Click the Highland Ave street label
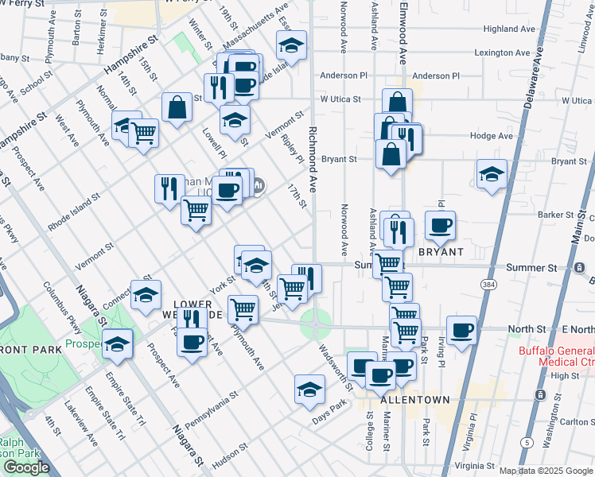pyautogui.click(x=510, y=29)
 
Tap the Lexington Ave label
pyautogui.click(x=503, y=53)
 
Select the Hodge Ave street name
pyautogui.click(x=492, y=136)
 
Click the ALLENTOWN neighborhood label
pyautogui.click(x=415, y=399)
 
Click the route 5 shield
pyautogui.click(x=527, y=442)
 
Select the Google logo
pyautogui.click(x=26, y=467)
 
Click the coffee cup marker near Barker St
pyautogui.click(x=440, y=226)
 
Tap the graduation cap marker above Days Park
pyautogui.click(x=309, y=389)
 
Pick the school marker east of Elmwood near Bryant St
pyautogui.click(x=492, y=175)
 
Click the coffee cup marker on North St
pyautogui.click(x=461, y=329)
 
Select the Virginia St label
pyautogui.click(x=473, y=467)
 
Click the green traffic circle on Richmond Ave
pyautogui.click(x=316, y=323)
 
